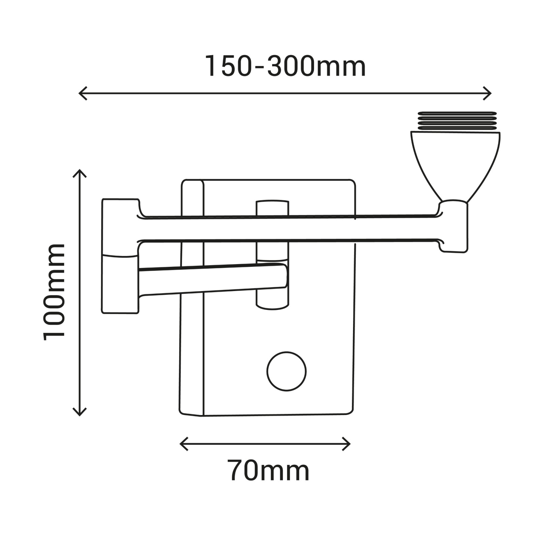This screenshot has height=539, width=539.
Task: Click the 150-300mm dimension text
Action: (x=285, y=66)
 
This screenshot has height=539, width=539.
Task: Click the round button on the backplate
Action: (x=286, y=371)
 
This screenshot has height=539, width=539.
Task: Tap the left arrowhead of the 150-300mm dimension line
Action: (x=82, y=93)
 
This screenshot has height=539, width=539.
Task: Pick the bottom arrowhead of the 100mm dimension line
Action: (x=80, y=412)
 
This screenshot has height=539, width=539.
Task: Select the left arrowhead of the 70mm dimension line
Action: (x=183, y=444)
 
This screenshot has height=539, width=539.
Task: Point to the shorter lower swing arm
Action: (x=212, y=279)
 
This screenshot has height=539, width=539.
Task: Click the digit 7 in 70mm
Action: (x=237, y=471)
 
